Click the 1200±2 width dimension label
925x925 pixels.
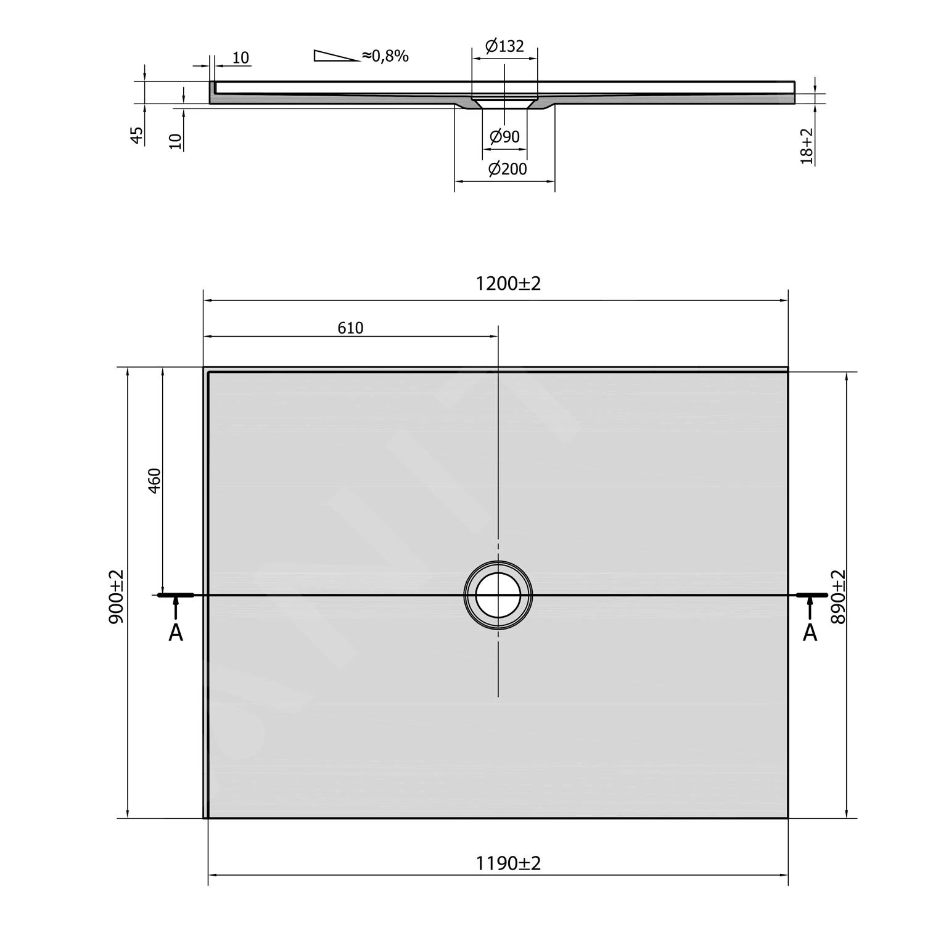pyautogui.click(x=508, y=284)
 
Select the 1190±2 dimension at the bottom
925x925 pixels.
pyautogui.click(x=508, y=863)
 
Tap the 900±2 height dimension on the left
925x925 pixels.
pyautogui.click(x=117, y=596)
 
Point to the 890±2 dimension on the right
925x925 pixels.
pyautogui.click(x=838, y=596)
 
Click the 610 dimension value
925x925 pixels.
pyautogui.click(x=350, y=328)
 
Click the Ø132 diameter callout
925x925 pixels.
pyautogui.click(x=504, y=46)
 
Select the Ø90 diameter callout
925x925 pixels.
pyautogui.click(x=504, y=137)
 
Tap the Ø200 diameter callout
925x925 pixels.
pyautogui.click(x=508, y=169)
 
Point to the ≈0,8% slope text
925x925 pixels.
pyautogui.click(x=385, y=56)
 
